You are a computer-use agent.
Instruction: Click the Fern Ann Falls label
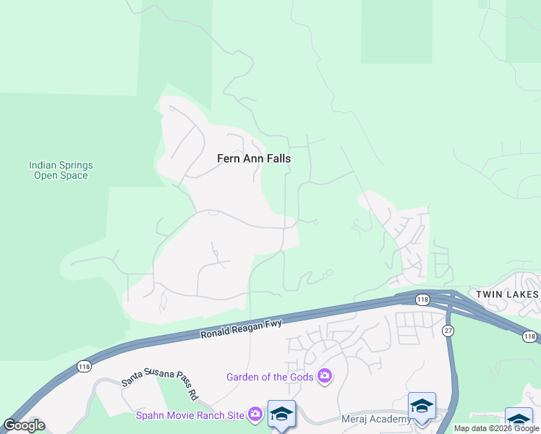click(254, 158)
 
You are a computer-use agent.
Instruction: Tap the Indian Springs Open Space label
click(61, 170)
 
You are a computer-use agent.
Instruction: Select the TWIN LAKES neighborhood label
click(506, 294)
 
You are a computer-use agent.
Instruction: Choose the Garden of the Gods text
click(270, 377)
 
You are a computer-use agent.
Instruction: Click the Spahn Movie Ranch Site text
click(191, 414)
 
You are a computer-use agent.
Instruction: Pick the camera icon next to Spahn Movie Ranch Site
click(255, 414)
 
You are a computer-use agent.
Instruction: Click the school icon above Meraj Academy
click(422, 406)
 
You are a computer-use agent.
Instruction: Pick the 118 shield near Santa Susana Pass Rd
click(78, 368)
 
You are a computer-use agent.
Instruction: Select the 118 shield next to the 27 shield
click(422, 299)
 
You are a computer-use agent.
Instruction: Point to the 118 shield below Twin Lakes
click(530, 336)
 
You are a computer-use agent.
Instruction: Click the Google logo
click(24, 425)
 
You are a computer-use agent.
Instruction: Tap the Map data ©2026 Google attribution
click(496, 428)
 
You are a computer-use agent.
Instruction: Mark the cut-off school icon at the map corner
click(519, 421)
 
